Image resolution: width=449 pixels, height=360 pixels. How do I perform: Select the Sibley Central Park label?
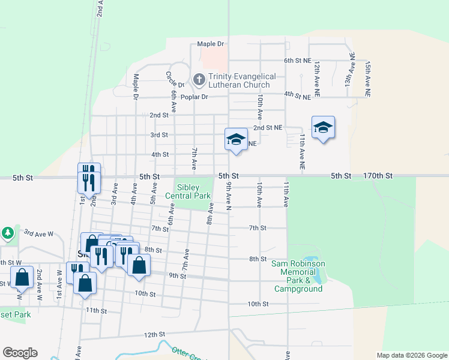point(193,191)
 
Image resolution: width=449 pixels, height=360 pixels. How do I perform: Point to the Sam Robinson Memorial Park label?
point(298,276)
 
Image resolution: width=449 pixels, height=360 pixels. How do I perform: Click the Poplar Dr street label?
point(196,97)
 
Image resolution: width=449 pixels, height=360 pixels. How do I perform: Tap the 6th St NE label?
point(298,61)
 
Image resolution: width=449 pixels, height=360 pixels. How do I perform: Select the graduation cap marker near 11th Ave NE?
point(323,128)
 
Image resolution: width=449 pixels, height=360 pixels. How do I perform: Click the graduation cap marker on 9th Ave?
point(236,140)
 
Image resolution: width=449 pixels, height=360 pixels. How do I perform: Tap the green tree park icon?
point(7,232)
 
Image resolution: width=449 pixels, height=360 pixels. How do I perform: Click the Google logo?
point(20,353)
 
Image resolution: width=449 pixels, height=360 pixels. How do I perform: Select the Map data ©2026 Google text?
point(411,355)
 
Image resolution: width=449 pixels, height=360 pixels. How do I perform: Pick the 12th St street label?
point(154,334)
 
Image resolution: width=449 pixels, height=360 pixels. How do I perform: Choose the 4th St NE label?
point(298,95)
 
